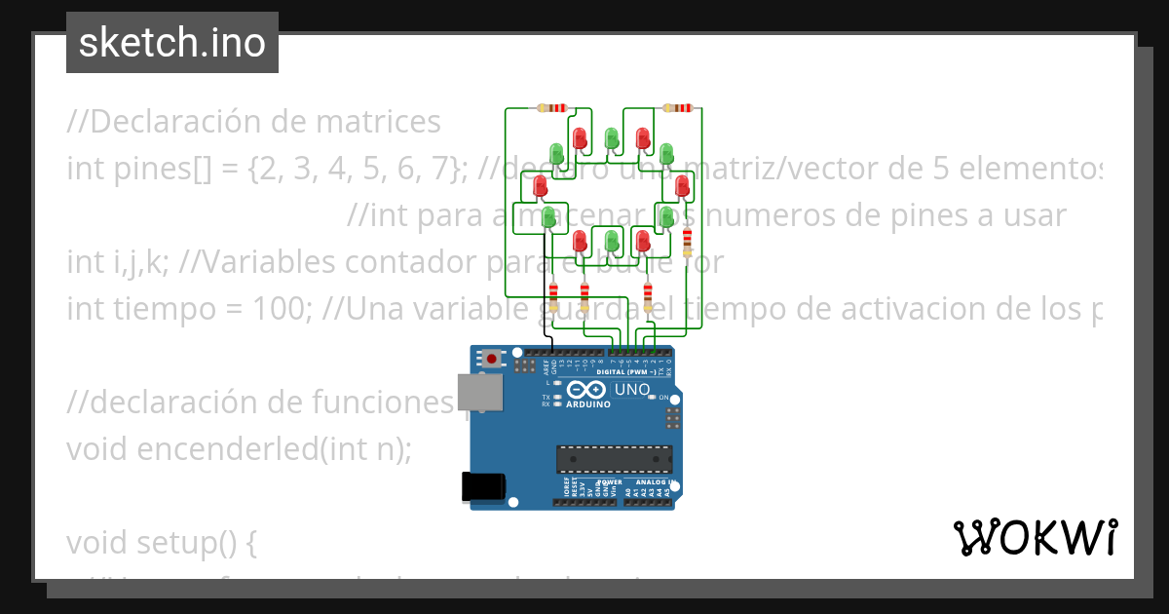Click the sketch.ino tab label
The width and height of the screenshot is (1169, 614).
pyautogui.click(x=172, y=43)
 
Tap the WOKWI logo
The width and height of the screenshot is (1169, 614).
pyautogui.click(x=1035, y=537)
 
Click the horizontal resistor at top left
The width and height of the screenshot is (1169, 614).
pyautogui.click(x=552, y=108)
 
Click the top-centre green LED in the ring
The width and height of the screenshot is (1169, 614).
pyautogui.click(x=612, y=138)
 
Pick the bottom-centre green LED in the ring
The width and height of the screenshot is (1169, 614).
pyautogui.click(x=612, y=240)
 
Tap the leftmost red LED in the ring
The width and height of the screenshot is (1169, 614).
pyautogui.click(x=541, y=184)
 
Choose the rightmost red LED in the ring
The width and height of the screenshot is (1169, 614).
pyautogui.click(x=682, y=184)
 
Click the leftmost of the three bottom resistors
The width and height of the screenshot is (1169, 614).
pyautogui.click(x=554, y=294)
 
